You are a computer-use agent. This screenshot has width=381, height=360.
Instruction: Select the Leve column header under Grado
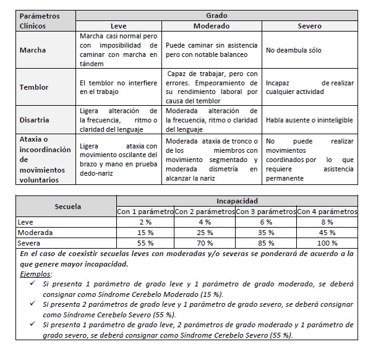(x=118, y=26)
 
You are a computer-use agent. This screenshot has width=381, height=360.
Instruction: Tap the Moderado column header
(x=212, y=26)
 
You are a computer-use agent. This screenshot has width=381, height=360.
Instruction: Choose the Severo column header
(x=309, y=26)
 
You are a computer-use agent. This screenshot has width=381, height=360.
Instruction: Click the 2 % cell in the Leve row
(x=145, y=221)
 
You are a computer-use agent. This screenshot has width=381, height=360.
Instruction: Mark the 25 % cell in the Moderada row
(x=205, y=232)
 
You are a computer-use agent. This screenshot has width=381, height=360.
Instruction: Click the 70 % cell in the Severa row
(x=205, y=243)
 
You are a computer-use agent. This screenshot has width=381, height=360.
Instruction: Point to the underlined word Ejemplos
(x=36, y=273)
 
